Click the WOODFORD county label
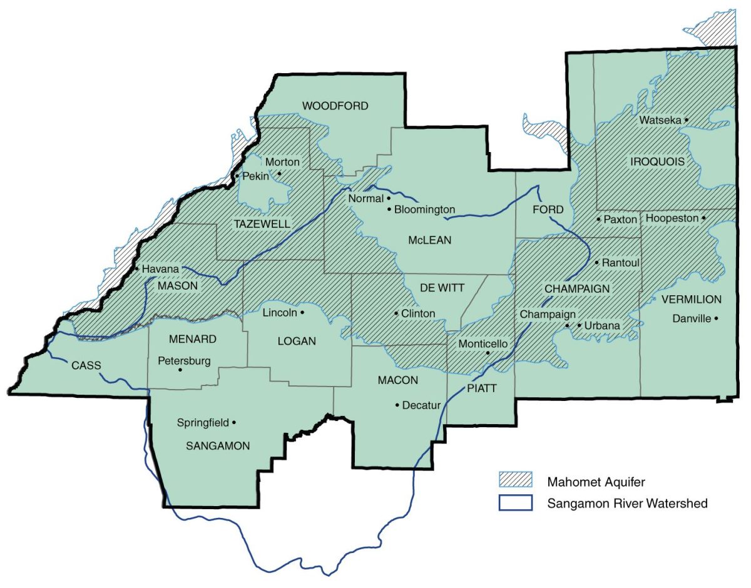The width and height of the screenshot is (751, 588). click(335, 106)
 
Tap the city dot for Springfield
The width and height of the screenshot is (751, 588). click(234, 422)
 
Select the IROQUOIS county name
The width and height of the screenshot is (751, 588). click(657, 161)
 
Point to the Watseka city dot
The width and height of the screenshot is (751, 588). click(687, 119)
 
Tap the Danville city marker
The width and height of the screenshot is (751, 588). click(717, 318)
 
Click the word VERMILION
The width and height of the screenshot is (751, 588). click(691, 300)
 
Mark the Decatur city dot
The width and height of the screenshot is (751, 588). click(397, 405)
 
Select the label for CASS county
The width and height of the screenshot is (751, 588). click(86, 365)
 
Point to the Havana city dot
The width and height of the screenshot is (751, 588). click(136, 269)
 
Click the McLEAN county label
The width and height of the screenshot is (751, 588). click(429, 240)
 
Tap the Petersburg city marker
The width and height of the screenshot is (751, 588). click(180, 370)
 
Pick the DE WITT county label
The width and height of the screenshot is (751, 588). click(442, 288)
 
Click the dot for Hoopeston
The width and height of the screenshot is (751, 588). click(704, 218)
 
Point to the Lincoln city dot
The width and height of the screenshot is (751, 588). click(302, 312)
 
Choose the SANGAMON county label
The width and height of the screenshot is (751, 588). click(218, 445)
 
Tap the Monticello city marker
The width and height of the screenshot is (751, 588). click(488, 353)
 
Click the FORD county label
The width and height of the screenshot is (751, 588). click(548, 209)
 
